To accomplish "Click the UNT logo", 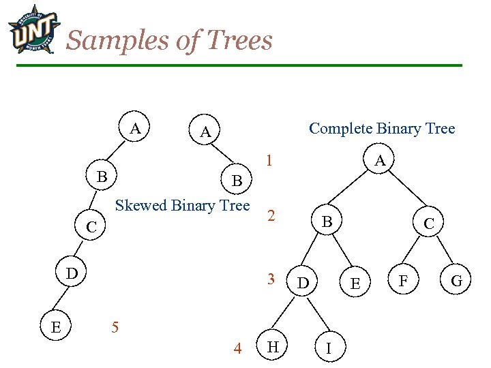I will pyautogui.click(x=33, y=30).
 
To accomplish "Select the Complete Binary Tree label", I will pyautogui.click(x=382, y=128).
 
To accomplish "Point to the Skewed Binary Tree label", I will pyautogui.click(x=183, y=205).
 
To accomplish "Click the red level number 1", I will pyautogui.click(x=271, y=162).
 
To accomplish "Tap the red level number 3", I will pyautogui.click(x=271, y=279).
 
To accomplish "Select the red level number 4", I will pyautogui.click(x=237, y=349).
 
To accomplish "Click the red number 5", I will pyautogui.click(x=115, y=327).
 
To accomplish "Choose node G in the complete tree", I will pyautogui.click(x=457, y=280).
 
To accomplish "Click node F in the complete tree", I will pyautogui.click(x=404, y=280).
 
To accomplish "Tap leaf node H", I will pyautogui.click(x=273, y=348).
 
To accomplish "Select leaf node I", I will pyautogui.click(x=329, y=349).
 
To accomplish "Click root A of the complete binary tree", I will pyautogui.click(x=381, y=161).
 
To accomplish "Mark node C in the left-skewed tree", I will pyautogui.click(x=91, y=227).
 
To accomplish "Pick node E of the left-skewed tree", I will pyautogui.click(x=56, y=327).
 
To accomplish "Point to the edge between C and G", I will pyautogui.click(x=443, y=252).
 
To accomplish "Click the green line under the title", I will pyautogui.click(x=239, y=65).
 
